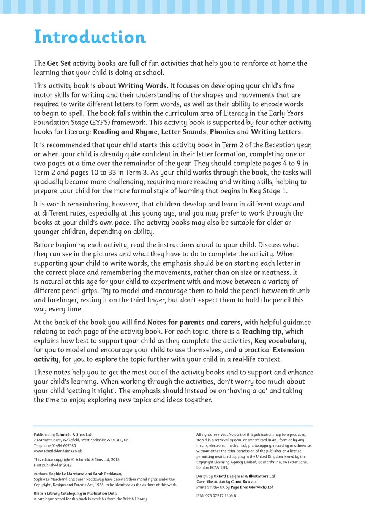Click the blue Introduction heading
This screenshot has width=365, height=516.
tap(90, 37)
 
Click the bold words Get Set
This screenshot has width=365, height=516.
tap(59, 63)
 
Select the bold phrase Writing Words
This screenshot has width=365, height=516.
tap(142, 86)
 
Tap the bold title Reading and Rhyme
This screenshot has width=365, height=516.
tap(125, 132)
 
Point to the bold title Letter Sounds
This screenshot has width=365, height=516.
tap(183, 132)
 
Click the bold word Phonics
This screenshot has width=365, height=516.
tap(222, 132)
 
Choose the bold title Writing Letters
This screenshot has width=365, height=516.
tap(276, 132)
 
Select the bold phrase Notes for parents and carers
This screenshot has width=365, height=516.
tap(194, 322)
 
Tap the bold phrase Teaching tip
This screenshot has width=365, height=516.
tap(261, 332)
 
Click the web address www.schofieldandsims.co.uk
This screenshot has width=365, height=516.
tap(58, 451)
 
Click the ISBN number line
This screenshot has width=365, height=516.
tap(216, 496)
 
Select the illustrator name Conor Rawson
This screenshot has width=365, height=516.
tap(244, 482)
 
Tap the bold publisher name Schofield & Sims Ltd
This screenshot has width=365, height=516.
tap(74, 435)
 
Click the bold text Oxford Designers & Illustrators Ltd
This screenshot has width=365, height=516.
tap(244, 476)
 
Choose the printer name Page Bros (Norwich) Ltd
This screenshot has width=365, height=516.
tap(252, 487)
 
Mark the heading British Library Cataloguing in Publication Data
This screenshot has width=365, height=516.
tap(75, 494)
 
